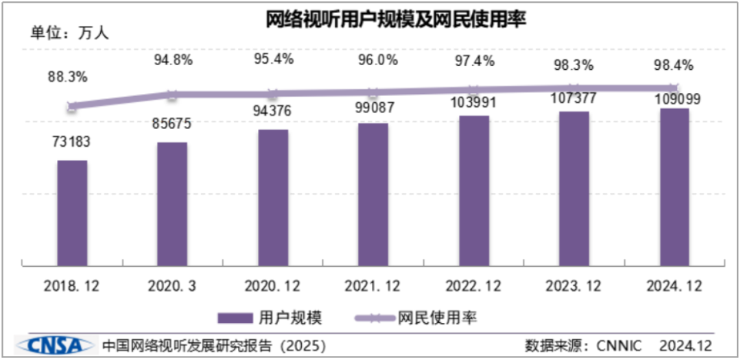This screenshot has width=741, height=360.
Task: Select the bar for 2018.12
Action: point(72,213)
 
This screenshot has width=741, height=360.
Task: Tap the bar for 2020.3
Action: point(172,204)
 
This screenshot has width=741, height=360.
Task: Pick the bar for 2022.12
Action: point(474,191)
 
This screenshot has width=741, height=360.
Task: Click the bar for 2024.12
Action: point(674,187)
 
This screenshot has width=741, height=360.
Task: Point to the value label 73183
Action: point(71,142)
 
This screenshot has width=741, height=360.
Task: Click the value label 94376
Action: point(272,111)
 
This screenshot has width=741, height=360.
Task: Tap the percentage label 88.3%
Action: point(67,77)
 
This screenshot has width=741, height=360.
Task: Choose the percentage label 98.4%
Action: point(673,66)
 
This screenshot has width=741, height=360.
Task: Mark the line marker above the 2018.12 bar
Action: point(72,106)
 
